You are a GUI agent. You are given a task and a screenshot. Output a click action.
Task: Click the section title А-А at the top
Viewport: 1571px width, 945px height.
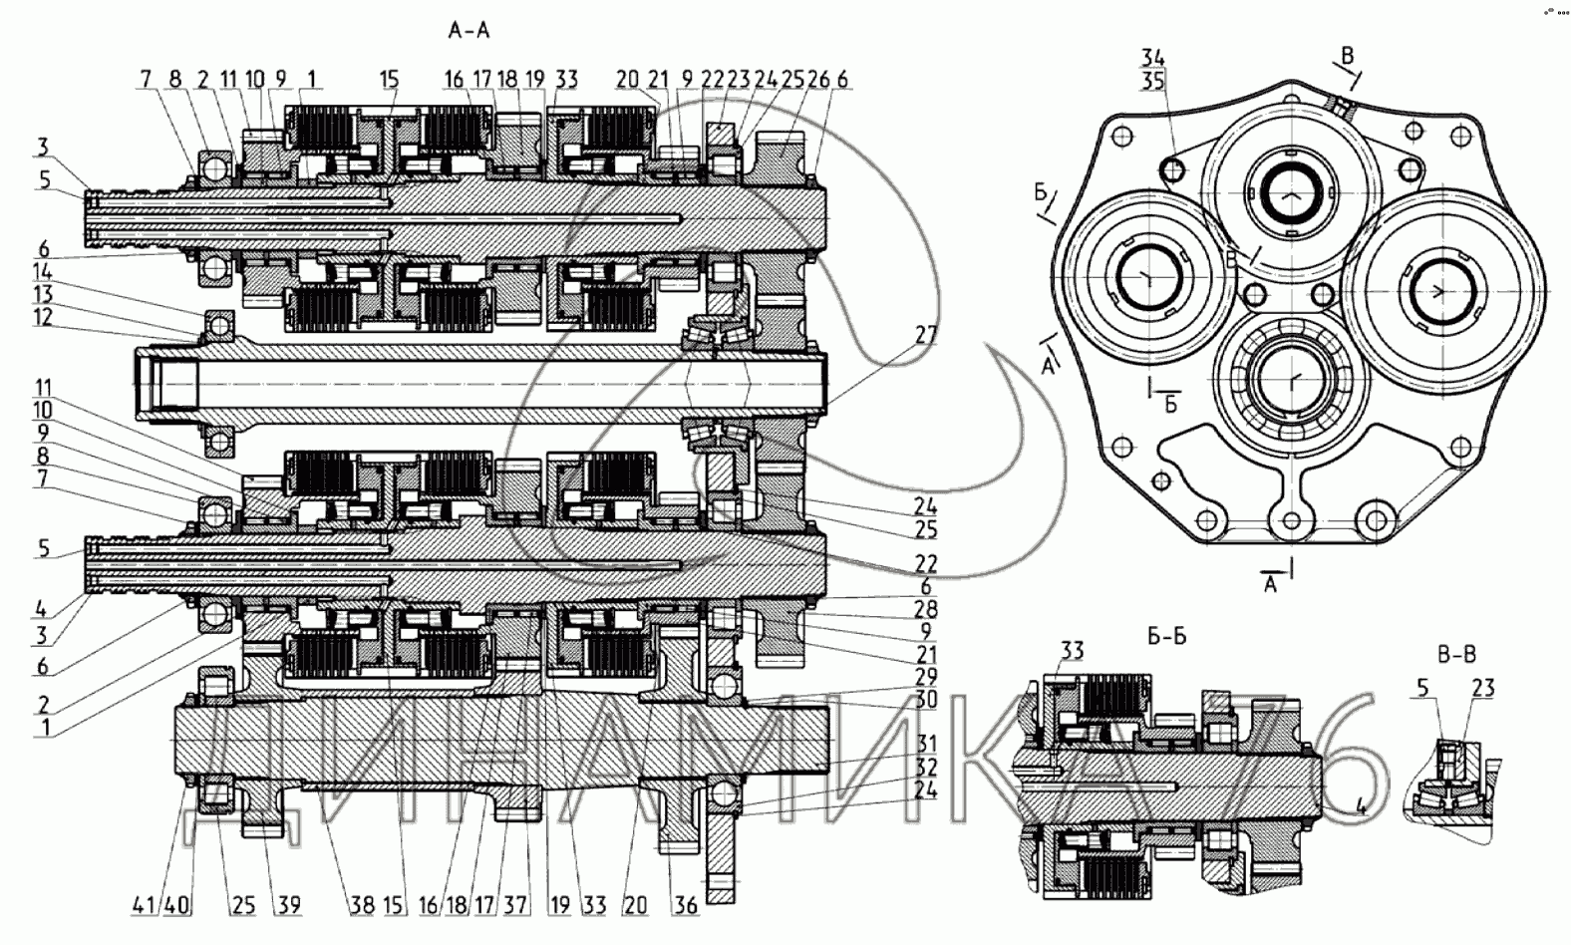click(470, 31)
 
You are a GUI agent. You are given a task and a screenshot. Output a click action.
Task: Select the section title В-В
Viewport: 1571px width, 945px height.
click(1456, 655)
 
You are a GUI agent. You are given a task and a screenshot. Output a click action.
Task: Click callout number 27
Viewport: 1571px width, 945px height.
click(926, 335)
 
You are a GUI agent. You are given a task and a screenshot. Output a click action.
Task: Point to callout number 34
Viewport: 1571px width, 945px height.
click(1153, 58)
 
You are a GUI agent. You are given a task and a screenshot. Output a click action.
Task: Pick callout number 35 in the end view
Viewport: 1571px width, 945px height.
click(1153, 82)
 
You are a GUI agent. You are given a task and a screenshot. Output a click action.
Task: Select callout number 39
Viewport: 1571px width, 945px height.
click(289, 905)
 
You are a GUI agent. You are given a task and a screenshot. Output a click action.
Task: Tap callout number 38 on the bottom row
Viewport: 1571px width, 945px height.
click(361, 905)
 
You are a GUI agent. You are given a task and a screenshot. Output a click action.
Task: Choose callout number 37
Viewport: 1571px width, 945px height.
click(514, 905)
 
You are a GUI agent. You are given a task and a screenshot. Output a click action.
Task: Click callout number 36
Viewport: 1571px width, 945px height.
click(687, 905)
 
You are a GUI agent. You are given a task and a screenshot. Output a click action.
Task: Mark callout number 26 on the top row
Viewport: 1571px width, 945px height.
click(818, 80)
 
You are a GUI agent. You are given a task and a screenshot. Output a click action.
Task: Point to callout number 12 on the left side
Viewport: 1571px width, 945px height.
click(42, 316)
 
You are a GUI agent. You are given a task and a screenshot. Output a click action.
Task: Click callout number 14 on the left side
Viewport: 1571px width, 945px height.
click(42, 271)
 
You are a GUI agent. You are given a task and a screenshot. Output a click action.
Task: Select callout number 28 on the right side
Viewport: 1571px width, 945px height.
click(926, 609)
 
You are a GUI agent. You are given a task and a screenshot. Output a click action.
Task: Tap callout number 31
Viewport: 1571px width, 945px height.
click(926, 744)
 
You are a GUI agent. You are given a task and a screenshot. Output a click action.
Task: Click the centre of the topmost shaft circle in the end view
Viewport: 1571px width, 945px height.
click(1294, 189)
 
